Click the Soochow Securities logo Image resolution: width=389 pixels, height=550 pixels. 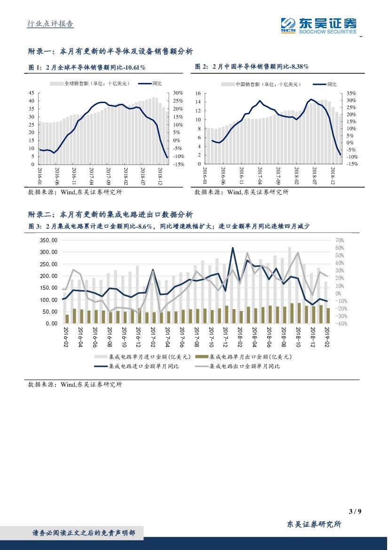[318, 25]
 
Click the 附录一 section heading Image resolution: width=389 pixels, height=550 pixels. [111, 51]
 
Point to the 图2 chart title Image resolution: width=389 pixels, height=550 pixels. [252, 67]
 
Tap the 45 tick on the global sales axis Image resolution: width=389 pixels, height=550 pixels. [32, 93]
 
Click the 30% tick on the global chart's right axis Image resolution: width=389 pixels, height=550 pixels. [178, 93]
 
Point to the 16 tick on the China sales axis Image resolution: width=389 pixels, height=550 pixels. [198, 94]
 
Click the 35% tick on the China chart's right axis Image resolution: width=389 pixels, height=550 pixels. [352, 94]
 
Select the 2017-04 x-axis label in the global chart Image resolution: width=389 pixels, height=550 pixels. [91, 176]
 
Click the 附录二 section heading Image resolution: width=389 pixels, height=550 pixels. [111, 215]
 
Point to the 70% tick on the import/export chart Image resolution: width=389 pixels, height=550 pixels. [340, 240]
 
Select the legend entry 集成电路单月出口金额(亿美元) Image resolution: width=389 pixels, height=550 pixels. [245, 357]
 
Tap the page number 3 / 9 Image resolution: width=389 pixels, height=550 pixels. [355, 511]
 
